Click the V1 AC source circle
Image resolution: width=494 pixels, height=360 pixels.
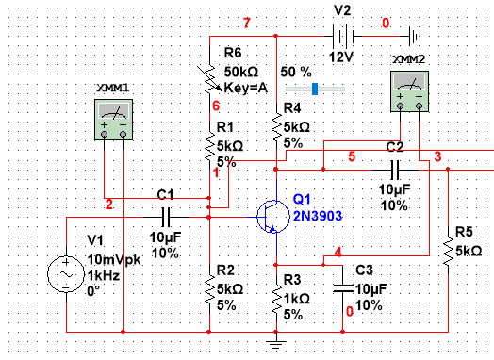[x=66, y=274]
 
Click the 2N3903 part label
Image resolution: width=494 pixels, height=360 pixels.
[x=317, y=215]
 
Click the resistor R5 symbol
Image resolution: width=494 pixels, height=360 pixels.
[x=445, y=250]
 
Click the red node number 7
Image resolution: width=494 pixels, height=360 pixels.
[x=247, y=23]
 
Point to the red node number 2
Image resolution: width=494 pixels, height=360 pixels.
[x=109, y=205]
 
